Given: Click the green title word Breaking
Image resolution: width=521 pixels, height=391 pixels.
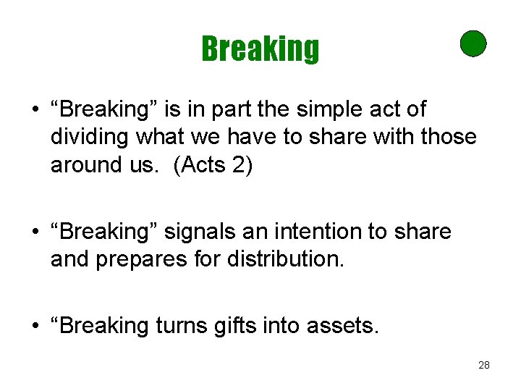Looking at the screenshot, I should pyautogui.click(x=260, y=49).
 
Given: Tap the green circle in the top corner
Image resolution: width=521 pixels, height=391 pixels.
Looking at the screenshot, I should pyautogui.click(x=473, y=43).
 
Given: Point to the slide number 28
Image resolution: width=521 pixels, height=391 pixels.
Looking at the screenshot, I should pyautogui.click(x=484, y=365).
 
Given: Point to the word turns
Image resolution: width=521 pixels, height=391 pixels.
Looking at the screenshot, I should pyautogui.click(x=184, y=327).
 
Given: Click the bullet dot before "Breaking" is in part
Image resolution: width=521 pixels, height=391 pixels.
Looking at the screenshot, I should pyautogui.click(x=34, y=111).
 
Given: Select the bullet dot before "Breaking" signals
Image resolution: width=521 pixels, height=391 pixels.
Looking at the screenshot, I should pyautogui.click(x=34, y=232).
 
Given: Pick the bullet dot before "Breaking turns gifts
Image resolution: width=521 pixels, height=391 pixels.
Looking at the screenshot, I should pyautogui.click(x=34, y=327).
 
